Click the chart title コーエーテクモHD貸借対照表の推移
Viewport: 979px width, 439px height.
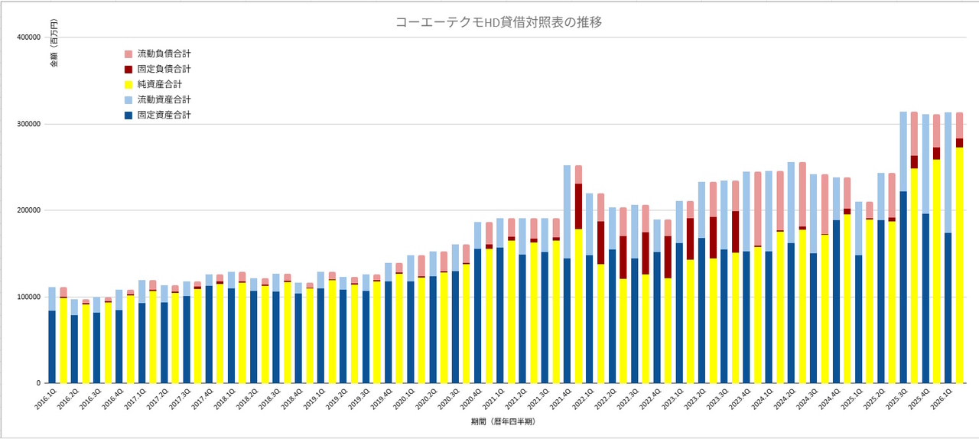point(499,22)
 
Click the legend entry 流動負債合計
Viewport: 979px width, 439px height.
point(164,54)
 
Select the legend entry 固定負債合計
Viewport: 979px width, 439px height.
point(164,70)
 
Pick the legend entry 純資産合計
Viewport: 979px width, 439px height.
point(159,84)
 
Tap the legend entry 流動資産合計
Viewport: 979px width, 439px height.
point(164,99)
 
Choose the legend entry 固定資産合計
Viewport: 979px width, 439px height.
point(164,115)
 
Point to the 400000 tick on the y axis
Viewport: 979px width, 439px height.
point(28,37)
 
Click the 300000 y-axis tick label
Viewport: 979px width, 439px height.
point(28,124)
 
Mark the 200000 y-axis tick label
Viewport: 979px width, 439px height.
point(28,210)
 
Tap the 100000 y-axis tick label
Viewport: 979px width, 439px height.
point(28,297)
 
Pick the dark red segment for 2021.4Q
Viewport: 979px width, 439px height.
point(578,206)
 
